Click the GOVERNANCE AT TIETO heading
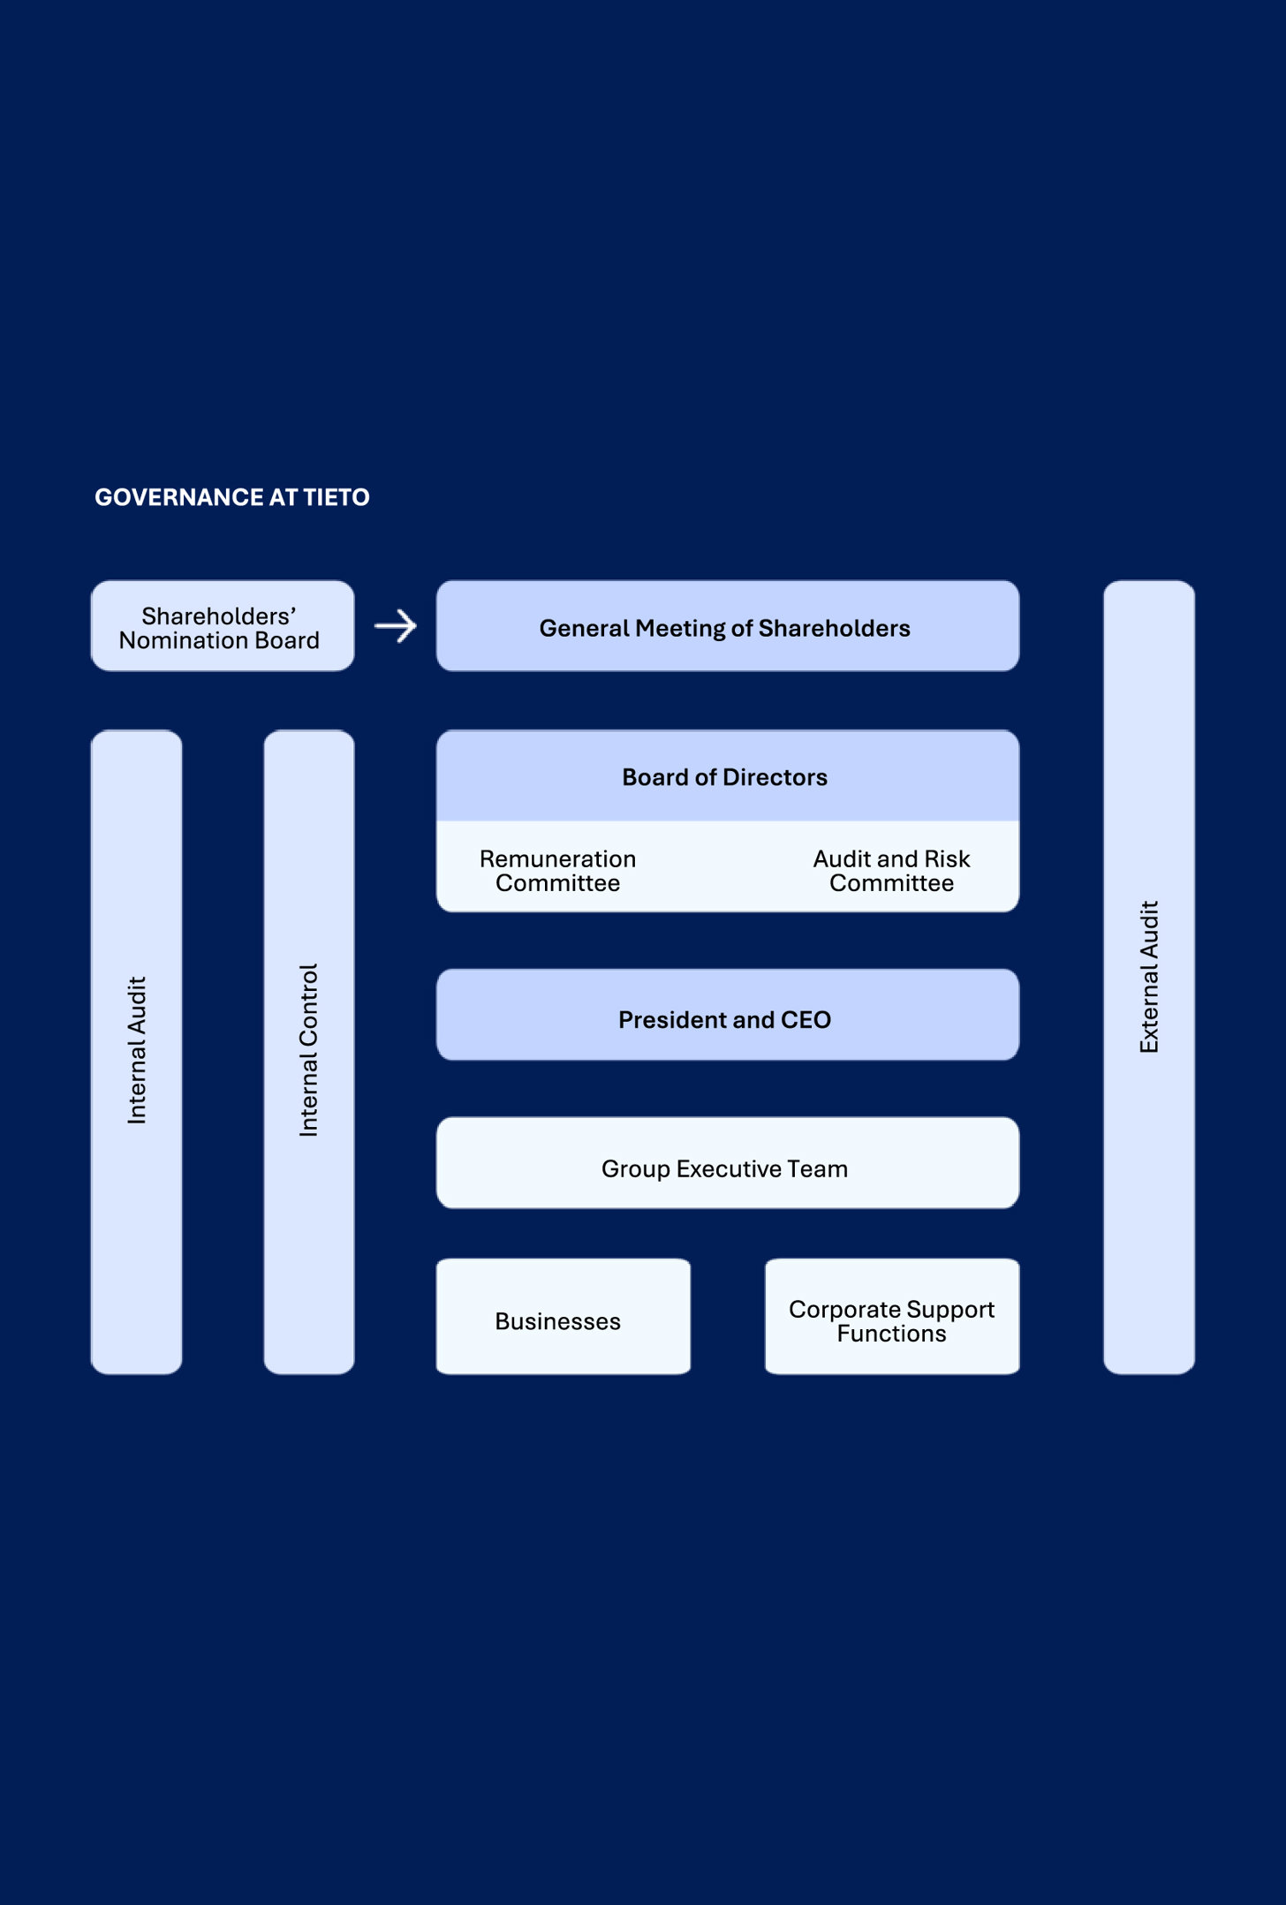[231, 497]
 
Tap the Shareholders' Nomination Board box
[222, 627]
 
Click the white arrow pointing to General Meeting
[396, 626]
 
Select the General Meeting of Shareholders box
[727, 627]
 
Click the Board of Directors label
[724, 777]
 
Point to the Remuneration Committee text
[557, 871]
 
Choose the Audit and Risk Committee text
[891, 871]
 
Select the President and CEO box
[727, 1016]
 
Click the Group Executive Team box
[727, 1164]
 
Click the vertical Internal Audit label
[137, 1050]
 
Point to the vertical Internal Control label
[308, 1050]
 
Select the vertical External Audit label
[1149, 977]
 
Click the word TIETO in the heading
[337, 497]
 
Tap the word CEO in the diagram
[806, 1020]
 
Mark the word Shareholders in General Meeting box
[834, 628]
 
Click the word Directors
[775, 777]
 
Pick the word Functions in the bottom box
[891, 1334]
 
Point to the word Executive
[730, 1169]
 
